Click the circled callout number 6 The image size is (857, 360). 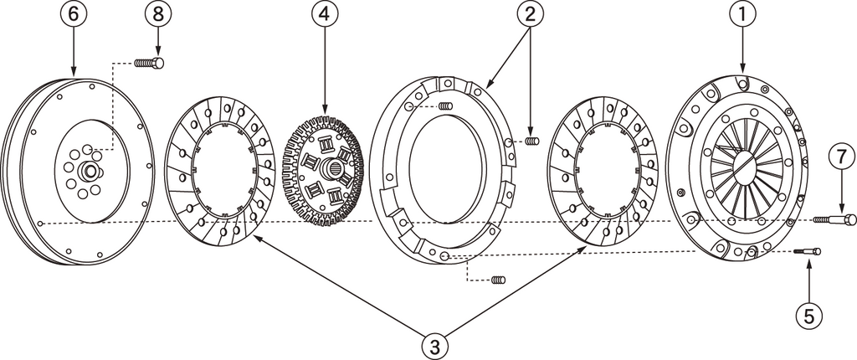pos(74,15)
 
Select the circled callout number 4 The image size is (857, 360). pos(325,15)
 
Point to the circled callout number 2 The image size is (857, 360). pos(530,15)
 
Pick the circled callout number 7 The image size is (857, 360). pos(841,157)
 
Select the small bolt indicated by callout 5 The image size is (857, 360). pos(808,250)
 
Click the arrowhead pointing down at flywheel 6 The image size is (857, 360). pos(74,75)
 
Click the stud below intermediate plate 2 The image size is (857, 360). pos(498,279)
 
